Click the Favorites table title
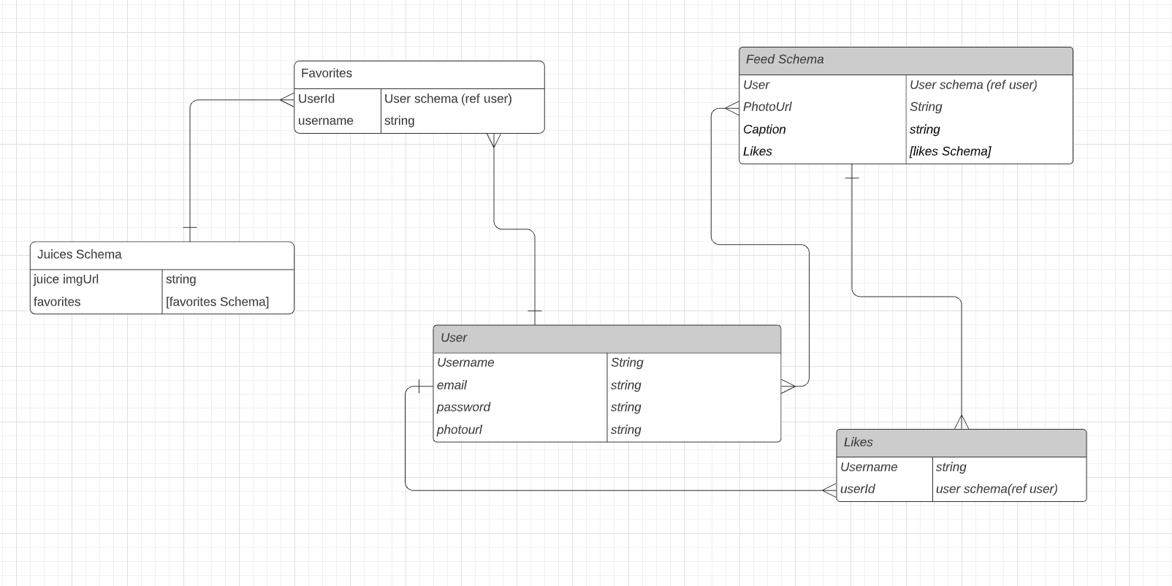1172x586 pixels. pyautogui.click(x=327, y=74)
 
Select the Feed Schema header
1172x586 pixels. pyautogui.click(x=785, y=60)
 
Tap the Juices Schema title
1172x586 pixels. pyautogui.click(x=80, y=255)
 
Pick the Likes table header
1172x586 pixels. pyautogui.click(x=858, y=443)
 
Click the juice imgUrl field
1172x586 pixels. pyautogui.click(x=66, y=280)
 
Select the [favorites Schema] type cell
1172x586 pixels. pyautogui.click(x=217, y=302)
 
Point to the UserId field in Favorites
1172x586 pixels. pyautogui.click(x=316, y=99)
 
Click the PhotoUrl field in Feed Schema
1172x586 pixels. pyautogui.click(x=767, y=107)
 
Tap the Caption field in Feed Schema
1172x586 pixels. pyautogui.click(x=764, y=130)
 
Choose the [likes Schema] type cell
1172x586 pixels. pyautogui.click(x=950, y=152)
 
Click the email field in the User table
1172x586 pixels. pyautogui.click(x=452, y=386)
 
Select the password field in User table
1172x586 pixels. pyautogui.click(x=463, y=408)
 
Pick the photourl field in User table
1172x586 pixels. pyautogui.click(x=459, y=430)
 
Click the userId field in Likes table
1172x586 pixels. pyautogui.click(x=857, y=490)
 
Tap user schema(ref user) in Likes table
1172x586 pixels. pyautogui.click(x=996, y=490)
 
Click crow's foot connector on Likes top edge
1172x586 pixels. pyautogui.click(x=961, y=422)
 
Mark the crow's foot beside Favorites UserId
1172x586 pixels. pyautogui.click(x=286, y=100)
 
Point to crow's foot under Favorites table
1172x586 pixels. pyautogui.click(x=494, y=140)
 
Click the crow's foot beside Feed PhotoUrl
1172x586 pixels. pyautogui.click(x=731, y=109)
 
